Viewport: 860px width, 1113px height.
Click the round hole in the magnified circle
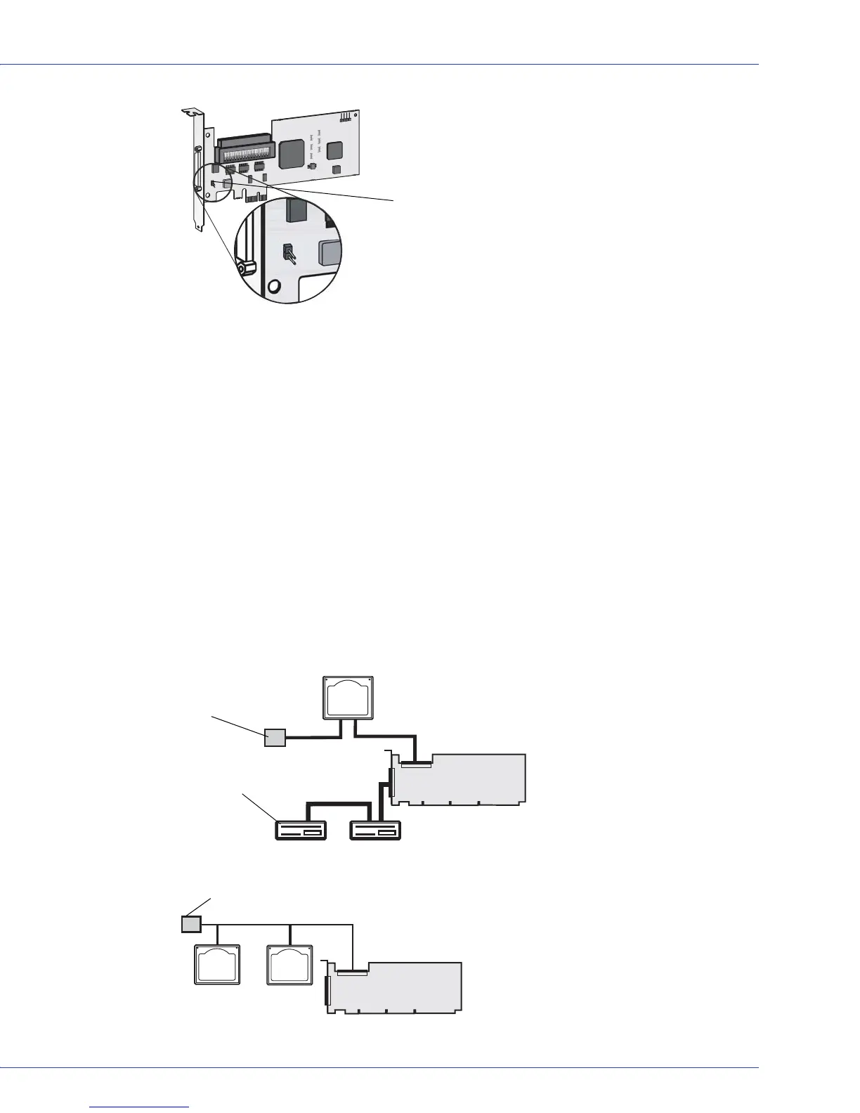275,286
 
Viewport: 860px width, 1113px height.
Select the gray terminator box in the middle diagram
275,737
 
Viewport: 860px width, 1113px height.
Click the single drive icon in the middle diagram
348,698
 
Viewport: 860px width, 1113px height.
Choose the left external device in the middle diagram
301,831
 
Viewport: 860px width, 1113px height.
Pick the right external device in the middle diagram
376,831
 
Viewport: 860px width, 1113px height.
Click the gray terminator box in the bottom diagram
191,923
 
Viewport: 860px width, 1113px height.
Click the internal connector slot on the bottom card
351,973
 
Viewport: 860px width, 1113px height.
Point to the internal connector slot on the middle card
415,764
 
